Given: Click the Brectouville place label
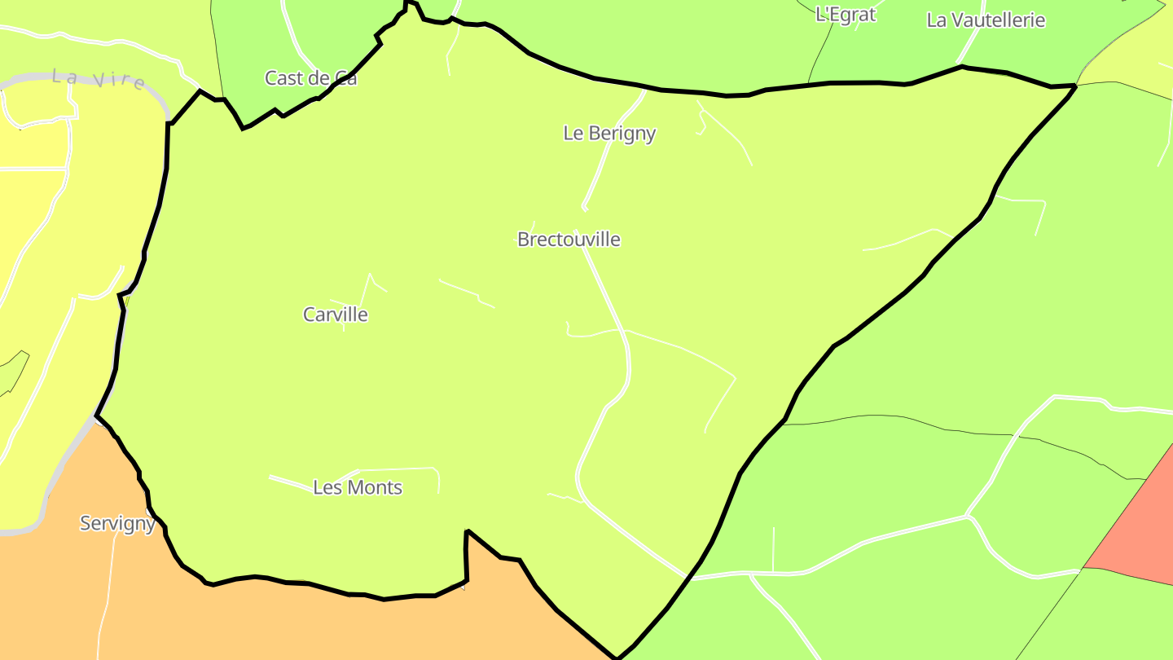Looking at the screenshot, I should (x=569, y=240).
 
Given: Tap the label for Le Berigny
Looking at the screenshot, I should (x=609, y=133).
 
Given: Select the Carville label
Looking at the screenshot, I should (x=335, y=315).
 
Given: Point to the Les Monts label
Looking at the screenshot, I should (x=358, y=487).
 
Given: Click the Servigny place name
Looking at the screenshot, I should (x=117, y=523).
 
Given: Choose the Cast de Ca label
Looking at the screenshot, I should (x=310, y=78).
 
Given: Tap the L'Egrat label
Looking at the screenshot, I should (x=845, y=14).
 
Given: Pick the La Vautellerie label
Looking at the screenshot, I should (x=986, y=20).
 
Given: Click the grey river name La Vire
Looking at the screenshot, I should (x=99, y=79).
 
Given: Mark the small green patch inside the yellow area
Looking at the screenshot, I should (x=13, y=372).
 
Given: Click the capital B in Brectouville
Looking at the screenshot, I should (x=523, y=240).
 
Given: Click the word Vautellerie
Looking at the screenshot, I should (x=998, y=20).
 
